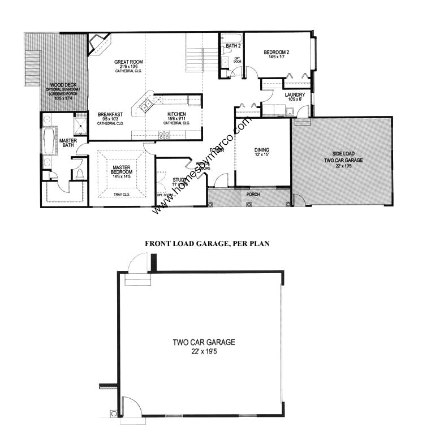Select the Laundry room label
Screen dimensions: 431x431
[x=295, y=95]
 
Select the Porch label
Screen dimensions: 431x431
[x=253, y=194]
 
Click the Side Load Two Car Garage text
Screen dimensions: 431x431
[x=343, y=157]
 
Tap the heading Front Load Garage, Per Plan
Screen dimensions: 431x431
[x=207, y=244]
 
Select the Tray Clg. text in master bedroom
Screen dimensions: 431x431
[x=122, y=195]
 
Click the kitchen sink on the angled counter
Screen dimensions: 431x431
[x=144, y=104]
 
